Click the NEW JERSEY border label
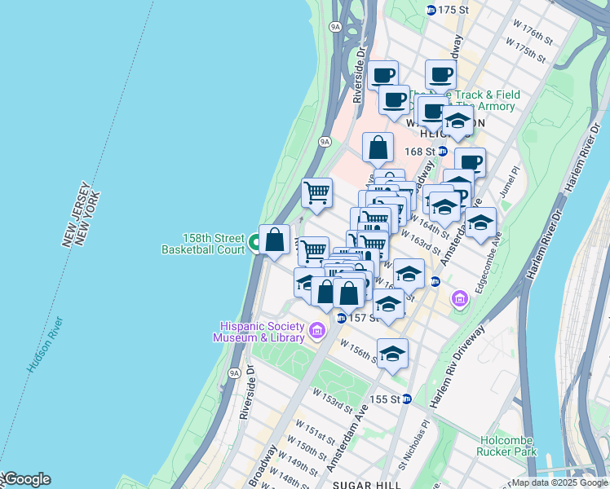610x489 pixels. pos(73,218)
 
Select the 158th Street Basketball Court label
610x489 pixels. pos(204,243)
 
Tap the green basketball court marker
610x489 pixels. pos(254,242)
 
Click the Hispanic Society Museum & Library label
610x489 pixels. pos(259,331)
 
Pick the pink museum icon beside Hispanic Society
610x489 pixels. pos(316,331)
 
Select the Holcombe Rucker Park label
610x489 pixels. pos(508,445)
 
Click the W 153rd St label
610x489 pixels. pos(332,399)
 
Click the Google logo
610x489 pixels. pos(26,479)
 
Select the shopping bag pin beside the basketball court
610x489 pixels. pos(275,240)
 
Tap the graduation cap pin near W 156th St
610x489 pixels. pos(392,354)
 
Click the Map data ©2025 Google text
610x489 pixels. pos(559,482)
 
